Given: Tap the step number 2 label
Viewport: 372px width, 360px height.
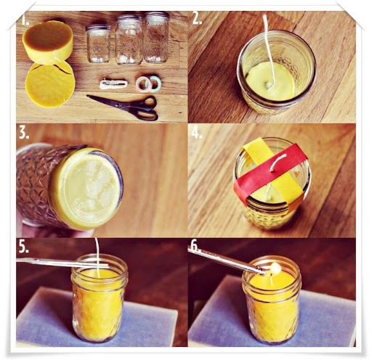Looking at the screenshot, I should click(196, 20).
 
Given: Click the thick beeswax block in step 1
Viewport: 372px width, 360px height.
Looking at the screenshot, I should click(48, 41).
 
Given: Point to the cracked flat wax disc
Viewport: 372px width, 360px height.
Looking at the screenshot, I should click(49, 83).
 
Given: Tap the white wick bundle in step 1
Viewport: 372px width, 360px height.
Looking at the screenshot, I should click(113, 83).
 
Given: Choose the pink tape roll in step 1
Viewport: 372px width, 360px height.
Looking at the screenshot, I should click(143, 83).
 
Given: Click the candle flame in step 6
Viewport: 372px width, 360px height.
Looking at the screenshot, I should click(275, 269).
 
